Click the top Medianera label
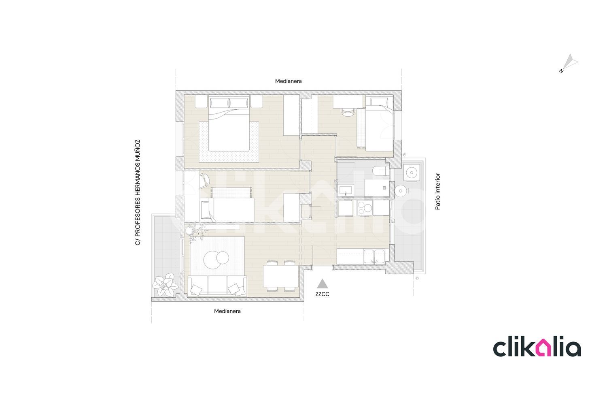(288, 81)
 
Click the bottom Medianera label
(227, 311)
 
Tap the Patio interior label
(437, 192)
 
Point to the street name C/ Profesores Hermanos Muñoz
(138, 193)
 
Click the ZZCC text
(322, 294)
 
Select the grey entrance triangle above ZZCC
(322, 284)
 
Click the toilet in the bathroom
(381, 171)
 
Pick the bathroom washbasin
(346, 190)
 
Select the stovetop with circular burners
(365, 208)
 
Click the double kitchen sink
(374, 257)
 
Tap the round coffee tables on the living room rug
(216, 260)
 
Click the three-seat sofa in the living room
(217, 286)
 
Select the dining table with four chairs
(281, 276)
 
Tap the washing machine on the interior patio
(412, 172)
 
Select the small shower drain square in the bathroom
(384, 188)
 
